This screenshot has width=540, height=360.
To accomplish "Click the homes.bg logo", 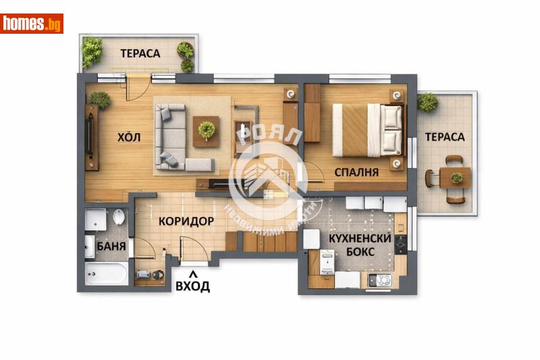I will (x=32, y=24).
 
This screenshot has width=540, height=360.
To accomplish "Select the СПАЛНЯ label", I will (x=356, y=172).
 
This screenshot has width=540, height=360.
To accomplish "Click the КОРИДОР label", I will (x=186, y=221).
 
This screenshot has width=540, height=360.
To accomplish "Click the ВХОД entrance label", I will (x=192, y=286).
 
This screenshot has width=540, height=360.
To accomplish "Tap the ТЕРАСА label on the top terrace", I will (x=140, y=53).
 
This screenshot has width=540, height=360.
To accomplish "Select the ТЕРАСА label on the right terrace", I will (x=444, y=136).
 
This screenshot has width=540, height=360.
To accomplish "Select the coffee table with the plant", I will (x=207, y=130).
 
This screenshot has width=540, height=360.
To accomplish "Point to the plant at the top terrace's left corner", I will (x=92, y=51).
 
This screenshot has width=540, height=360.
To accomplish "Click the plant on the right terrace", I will (x=427, y=102).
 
